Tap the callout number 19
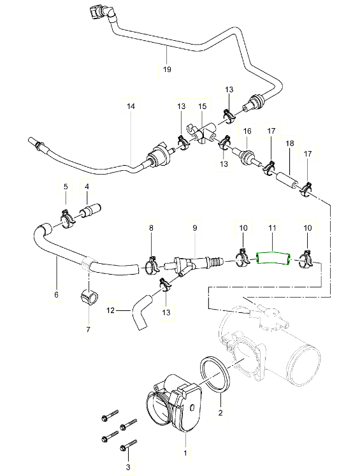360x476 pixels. tap(167, 69)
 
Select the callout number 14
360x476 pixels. tap(131, 106)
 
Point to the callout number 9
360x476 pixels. tap(195, 227)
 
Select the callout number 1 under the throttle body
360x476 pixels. tap(185, 453)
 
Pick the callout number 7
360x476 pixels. tap(89, 329)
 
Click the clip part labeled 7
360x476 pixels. tap(89, 296)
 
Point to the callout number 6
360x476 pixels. tap(57, 294)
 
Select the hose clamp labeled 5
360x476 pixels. tap(68, 219)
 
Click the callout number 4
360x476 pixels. tap(87, 187)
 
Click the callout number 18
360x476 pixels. tap(290, 143)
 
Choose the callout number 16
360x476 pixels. tap(247, 131)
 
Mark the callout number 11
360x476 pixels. tap(272, 227)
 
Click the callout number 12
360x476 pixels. tap(111, 310)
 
